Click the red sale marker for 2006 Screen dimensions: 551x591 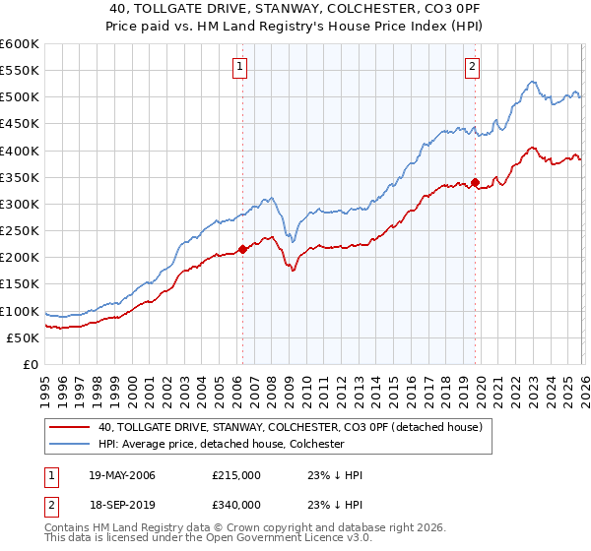tap(243, 249)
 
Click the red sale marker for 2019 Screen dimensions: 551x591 tap(475, 182)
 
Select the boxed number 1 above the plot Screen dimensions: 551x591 tap(239, 67)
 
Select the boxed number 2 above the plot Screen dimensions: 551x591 tap(472, 67)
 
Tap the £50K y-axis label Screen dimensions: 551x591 tap(23, 337)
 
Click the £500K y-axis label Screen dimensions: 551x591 tap(20, 96)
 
